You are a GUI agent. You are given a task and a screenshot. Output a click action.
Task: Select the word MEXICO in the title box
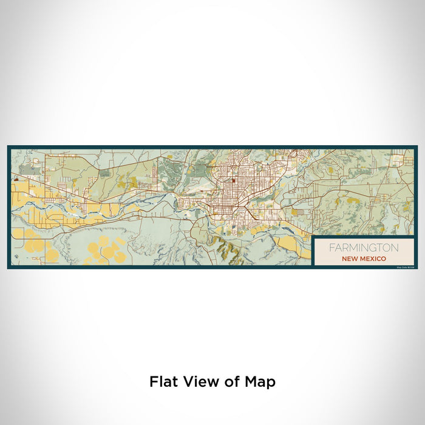[372, 258]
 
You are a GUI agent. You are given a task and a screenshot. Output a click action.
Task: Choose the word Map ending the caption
[260, 382]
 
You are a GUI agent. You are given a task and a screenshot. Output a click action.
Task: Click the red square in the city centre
[233, 180]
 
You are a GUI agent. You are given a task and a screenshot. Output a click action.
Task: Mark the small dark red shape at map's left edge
[15, 180]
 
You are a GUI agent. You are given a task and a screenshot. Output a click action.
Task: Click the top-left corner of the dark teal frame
[8, 146]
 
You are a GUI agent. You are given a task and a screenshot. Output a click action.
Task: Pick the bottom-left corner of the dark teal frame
[8, 267]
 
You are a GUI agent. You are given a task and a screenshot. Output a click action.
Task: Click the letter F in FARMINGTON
[331, 248]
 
